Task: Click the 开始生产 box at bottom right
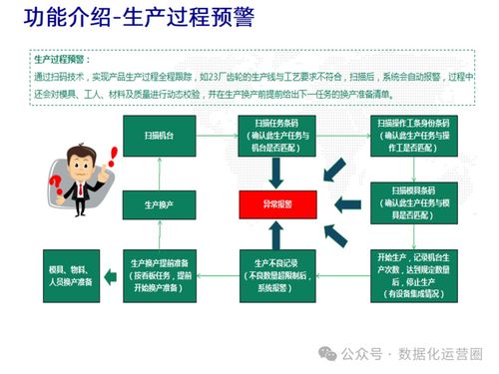point(411,274)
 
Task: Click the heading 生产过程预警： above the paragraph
point(62,60)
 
